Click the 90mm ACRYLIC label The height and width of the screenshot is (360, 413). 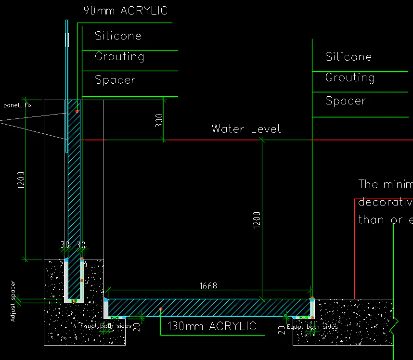[126, 11]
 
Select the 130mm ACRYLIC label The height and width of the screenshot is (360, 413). [212, 326]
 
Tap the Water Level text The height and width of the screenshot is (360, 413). [246, 129]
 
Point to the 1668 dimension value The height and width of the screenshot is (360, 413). [208, 286]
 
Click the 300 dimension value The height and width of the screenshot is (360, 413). [159, 120]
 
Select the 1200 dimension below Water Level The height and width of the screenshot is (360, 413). [257, 219]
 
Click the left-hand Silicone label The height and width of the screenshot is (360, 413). [118, 36]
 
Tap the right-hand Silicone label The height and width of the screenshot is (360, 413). [348, 57]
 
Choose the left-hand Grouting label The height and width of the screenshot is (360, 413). [119, 57]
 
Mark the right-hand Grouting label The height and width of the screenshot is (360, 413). [350, 77]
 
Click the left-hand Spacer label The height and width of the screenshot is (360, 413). [115, 80]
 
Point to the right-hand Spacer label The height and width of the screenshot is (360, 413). [346, 101]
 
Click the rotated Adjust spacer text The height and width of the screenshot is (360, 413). [13, 301]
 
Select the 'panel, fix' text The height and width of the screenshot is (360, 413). [17, 105]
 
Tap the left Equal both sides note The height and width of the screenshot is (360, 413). [106, 326]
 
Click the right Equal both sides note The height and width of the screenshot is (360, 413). [312, 327]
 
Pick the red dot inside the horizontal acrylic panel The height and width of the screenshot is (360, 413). [160, 309]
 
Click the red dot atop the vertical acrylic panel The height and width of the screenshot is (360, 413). [77, 111]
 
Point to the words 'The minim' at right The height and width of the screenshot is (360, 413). [386, 184]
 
